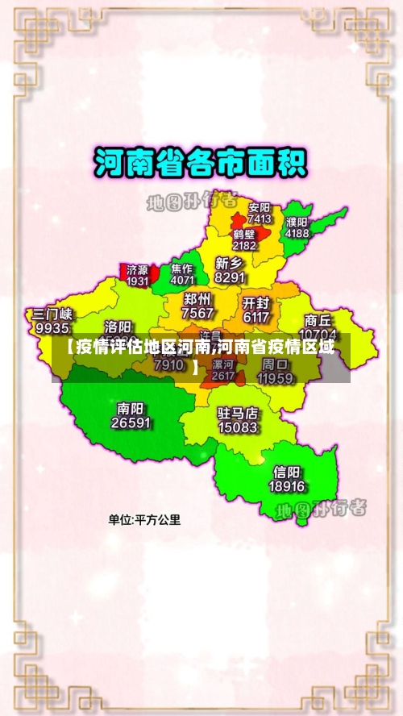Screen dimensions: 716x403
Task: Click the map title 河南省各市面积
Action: pyautogui.click(x=201, y=164)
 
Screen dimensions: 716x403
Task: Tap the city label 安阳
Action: pyautogui.click(x=260, y=207)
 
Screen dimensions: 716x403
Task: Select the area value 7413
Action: pyautogui.click(x=260, y=219)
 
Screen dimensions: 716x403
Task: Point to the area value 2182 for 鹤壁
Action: pyautogui.click(x=244, y=245)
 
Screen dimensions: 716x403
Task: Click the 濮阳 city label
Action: pyautogui.click(x=297, y=222)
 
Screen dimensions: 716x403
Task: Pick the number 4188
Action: pyautogui.click(x=297, y=233)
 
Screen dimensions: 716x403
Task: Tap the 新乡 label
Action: pyautogui.click(x=230, y=263)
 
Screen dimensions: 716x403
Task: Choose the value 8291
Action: pyautogui.click(x=230, y=277)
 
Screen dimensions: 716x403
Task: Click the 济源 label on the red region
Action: pyautogui.click(x=138, y=269)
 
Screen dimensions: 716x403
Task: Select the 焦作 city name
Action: pyautogui.click(x=182, y=268)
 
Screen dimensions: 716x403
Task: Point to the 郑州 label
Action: pyautogui.click(x=198, y=299)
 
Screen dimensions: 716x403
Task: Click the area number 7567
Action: pyautogui.click(x=198, y=313)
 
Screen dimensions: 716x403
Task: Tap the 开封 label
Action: pyautogui.click(x=256, y=302)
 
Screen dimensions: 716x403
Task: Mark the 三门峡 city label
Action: pyautogui.click(x=52, y=314)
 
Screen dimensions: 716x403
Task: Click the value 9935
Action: pyautogui.click(x=52, y=328)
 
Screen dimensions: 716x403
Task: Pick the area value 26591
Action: pyautogui.click(x=131, y=423)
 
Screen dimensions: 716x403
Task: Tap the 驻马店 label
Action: pyautogui.click(x=238, y=413)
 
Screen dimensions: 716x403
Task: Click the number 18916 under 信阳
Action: pyautogui.click(x=287, y=486)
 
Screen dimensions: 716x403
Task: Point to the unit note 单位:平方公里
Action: pyautogui.click(x=145, y=520)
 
